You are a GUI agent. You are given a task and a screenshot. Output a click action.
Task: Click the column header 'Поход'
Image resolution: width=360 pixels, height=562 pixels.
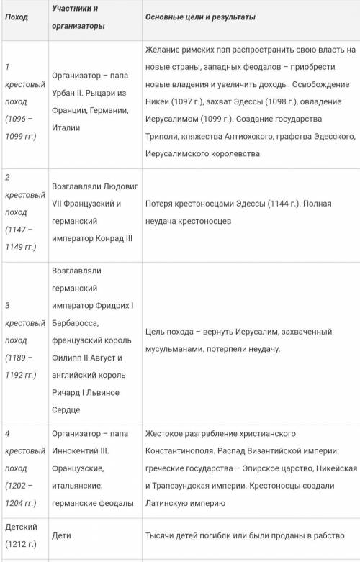pyautogui.click(x=17, y=17)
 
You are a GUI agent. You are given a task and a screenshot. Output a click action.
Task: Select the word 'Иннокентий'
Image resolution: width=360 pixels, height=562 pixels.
pyautogui.click(x=79, y=450)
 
